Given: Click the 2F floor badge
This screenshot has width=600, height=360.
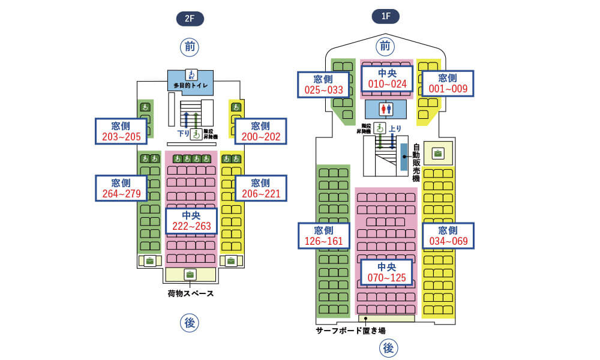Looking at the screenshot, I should pos(190,19).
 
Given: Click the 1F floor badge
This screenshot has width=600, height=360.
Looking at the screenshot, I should pos(386,16).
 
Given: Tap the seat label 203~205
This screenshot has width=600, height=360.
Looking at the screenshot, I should pos(121,131).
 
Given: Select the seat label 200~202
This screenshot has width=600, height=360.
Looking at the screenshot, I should pos(260,131).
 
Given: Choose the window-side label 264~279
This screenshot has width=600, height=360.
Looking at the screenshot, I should pos(121,188).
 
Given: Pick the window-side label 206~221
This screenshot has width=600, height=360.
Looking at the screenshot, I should pos(260,188).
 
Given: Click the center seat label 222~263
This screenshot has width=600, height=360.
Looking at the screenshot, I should pos(191,220).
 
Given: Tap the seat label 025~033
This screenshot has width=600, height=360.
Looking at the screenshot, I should pos(323,85).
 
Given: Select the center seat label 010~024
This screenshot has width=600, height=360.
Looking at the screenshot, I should pos(387,79).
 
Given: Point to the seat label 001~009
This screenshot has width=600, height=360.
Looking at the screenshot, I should pos(448,83).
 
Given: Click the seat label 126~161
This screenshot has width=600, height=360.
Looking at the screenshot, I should pos(323,236).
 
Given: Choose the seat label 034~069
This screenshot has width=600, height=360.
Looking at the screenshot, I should pos(448,236).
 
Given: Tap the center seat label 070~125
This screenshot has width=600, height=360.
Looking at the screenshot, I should pos(387,272).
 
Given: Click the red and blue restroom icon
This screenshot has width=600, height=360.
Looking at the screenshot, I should pos(386,109).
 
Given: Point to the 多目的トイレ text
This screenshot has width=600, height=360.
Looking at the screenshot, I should pos(191,86).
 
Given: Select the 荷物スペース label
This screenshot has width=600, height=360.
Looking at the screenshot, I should pos(191,294).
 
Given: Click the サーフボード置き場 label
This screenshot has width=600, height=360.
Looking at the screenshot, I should pos(350,331).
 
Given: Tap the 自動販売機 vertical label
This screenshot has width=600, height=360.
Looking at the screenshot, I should pos(416,163).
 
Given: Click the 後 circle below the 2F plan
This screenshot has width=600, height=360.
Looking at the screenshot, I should pos(190,323).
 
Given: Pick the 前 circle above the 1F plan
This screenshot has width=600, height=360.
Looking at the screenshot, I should pos(385,46).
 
